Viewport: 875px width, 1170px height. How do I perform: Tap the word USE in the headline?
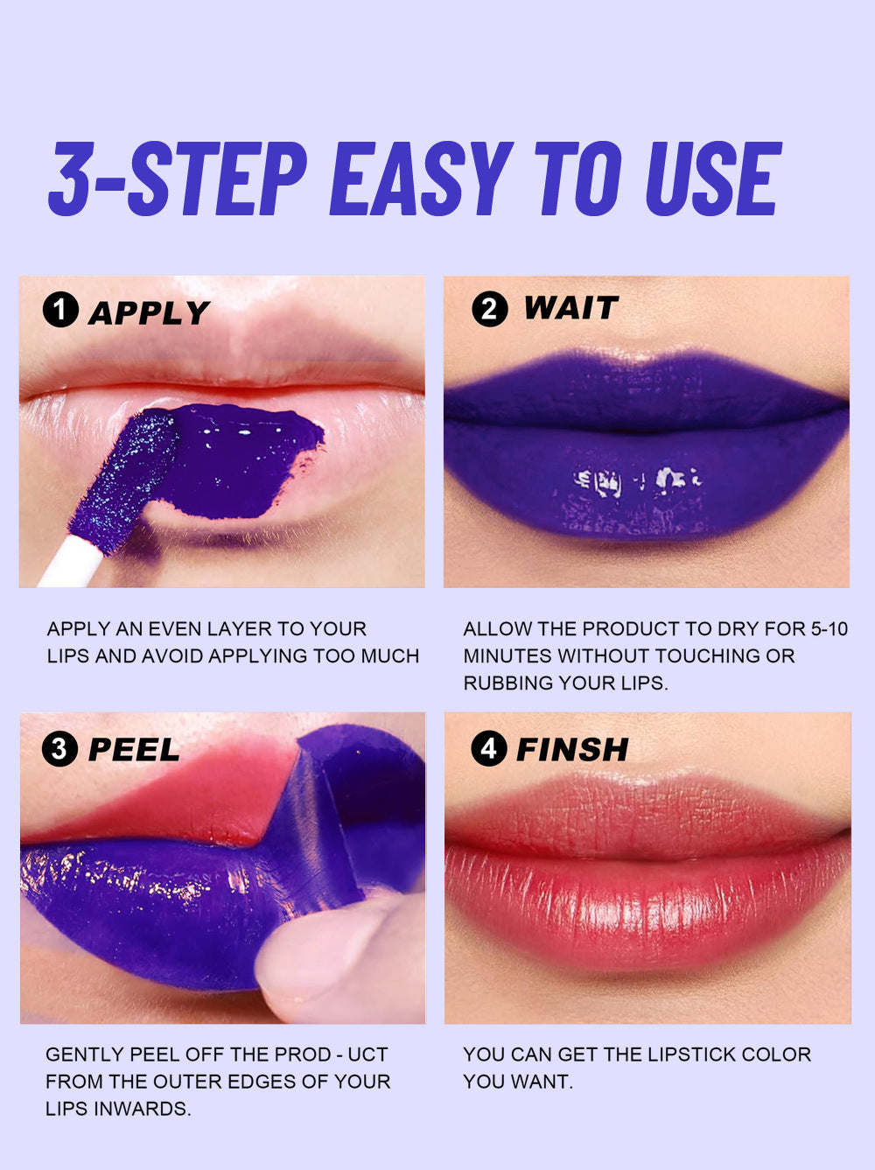713,179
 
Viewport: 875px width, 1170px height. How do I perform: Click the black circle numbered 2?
490,309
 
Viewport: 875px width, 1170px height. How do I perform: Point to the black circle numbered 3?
59,748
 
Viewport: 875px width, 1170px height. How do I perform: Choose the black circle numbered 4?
488,748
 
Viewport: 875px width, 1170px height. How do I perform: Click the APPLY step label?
149,312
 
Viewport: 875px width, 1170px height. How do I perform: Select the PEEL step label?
134,749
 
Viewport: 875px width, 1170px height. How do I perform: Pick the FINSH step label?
572,749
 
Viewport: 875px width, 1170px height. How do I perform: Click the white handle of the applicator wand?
71,562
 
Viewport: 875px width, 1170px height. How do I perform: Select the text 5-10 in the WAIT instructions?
829,629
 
